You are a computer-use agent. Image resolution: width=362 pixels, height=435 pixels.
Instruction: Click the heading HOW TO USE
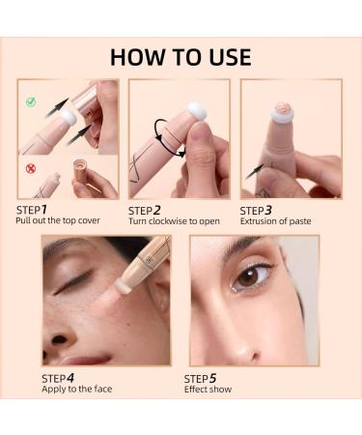(181, 56)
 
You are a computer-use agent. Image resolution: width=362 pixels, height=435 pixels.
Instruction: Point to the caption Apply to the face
(74, 390)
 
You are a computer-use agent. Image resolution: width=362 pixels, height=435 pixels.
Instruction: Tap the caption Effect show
(208, 390)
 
